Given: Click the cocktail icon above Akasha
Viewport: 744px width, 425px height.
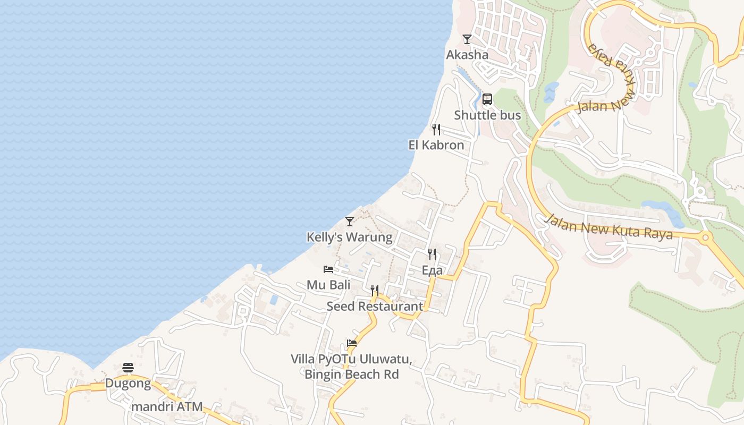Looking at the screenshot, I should (x=467, y=39).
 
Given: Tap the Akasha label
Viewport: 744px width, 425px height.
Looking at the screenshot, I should (x=467, y=54).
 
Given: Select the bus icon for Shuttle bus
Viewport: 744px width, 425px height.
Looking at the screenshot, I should (x=487, y=99).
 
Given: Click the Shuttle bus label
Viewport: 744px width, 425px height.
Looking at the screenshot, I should (x=487, y=115).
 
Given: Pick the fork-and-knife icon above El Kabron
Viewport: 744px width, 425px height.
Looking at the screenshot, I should (x=436, y=129).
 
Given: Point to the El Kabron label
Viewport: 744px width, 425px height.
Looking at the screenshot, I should (x=436, y=144).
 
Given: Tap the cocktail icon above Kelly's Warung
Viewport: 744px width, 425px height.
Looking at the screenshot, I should (x=349, y=221).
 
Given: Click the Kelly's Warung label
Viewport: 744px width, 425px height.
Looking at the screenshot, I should (x=349, y=237).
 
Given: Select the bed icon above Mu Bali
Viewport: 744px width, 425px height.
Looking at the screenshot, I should (x=328, y=269).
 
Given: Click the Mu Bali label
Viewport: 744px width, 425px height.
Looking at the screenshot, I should (x=328, y=285).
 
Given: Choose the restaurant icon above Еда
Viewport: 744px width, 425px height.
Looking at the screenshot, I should (x=432, y=254).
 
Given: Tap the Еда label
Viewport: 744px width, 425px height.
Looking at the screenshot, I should (x=432, y=270).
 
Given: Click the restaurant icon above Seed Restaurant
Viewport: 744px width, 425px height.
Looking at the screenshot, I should (x=375, y=291).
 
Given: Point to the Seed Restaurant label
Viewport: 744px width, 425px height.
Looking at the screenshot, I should (x=375, y=306).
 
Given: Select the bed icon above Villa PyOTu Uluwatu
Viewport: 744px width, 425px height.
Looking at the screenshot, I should (x=351, y=343).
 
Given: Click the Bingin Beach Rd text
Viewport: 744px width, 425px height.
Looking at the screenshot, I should (x=351, y=374).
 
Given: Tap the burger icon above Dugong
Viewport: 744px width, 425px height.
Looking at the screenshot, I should (x=128, y=367).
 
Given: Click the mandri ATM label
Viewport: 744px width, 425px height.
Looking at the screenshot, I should (x=167, y=407).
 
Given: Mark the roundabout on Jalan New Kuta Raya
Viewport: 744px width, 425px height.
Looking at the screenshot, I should (x=705, y=237).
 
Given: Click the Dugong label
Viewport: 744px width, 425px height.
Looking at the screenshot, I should (x=128, y=383).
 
